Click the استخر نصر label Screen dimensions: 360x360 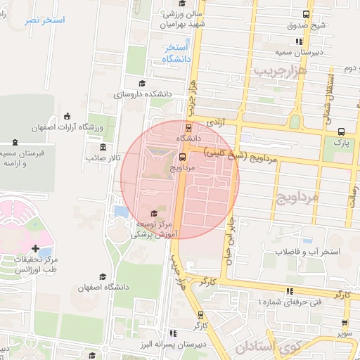44,20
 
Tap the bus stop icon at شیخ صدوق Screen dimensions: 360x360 306,14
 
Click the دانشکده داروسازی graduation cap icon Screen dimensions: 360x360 151,83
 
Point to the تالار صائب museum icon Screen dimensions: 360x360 103,147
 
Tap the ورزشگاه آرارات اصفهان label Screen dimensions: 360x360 68,127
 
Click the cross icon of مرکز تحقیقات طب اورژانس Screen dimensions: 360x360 36,248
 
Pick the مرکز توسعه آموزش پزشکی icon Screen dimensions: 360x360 155,213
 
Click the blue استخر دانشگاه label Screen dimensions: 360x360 176,53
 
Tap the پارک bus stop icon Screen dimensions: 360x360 341,131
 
